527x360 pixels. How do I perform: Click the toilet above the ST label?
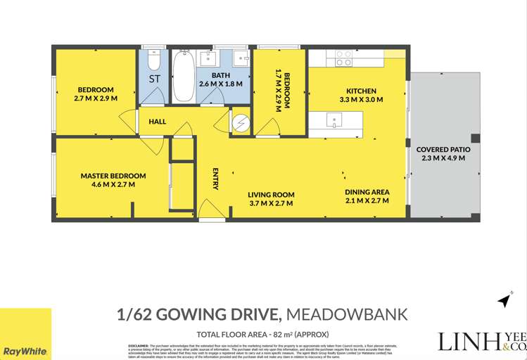tap(154, 60)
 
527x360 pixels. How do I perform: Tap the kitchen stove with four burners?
tap(343, 58)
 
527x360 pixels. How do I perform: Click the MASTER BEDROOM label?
tap(113, 176)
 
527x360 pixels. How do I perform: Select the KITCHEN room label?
tap(361, 91)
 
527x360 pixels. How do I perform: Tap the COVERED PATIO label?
tap(443, 150)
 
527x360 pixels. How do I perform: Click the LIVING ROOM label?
tap(271, 195)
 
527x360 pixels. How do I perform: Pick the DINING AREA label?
tap(367, 192)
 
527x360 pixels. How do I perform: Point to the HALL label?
tap(158, 122)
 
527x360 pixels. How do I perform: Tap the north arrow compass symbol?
tap(504, 300)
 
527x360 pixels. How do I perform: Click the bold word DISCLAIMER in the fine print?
tap(138, 346)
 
